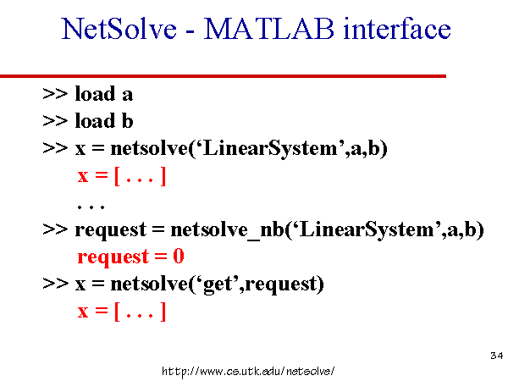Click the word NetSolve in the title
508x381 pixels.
(x=119, y=29)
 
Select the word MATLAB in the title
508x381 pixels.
(x=268, y=29)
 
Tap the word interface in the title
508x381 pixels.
(x=397, y=28)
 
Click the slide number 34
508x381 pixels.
(x=497, y=356)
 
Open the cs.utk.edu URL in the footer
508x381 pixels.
(x=248, y=371)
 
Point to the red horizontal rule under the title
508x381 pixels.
(x=223, y=76)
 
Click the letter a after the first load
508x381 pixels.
(x=127, y=95)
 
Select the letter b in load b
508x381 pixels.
(x=127, y=121)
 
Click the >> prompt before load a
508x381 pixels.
(x=55, y=94)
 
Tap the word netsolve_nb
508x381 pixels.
(x=227, y=230)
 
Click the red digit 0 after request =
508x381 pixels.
(x=179, y=257)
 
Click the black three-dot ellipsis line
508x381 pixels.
(x=91, y=207)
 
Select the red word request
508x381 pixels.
(x=113, y=257)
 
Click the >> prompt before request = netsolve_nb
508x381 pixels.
(x=55, y=229)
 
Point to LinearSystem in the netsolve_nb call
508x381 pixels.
(x=367, y=230)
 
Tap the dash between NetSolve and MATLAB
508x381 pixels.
(x=190, y=32)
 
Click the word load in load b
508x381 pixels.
(x=95, y=121)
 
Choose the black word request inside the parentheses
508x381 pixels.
(x=281, y=284)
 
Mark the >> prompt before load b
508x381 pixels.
(x=55, y=121)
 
